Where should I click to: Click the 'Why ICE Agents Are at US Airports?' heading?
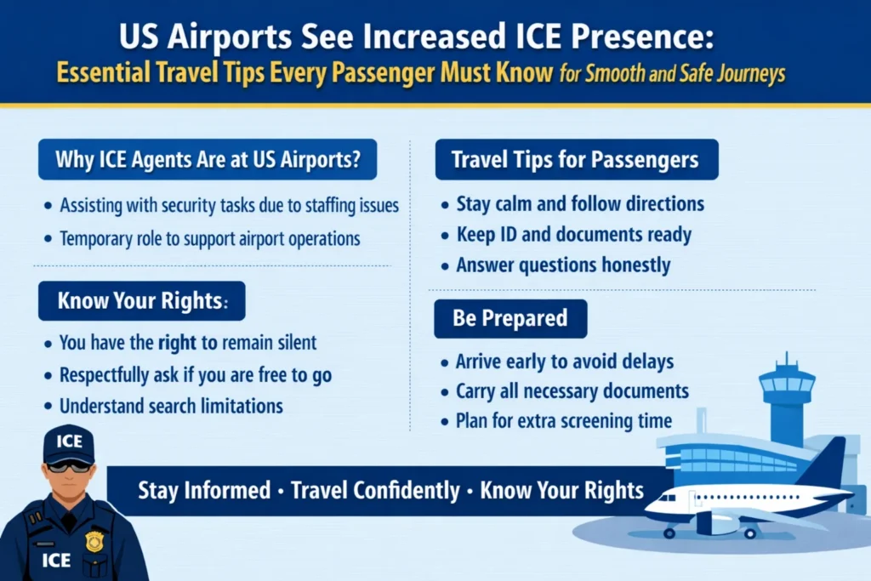207,159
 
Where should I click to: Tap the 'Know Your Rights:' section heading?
141,300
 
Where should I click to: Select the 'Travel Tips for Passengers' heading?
575,159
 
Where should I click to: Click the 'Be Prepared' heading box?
510,318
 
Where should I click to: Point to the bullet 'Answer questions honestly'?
563,265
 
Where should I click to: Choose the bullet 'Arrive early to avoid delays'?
565,362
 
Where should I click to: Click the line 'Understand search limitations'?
171,405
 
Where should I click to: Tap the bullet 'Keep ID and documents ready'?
573,235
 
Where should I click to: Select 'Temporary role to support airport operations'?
209,238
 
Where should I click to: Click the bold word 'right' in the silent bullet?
179,343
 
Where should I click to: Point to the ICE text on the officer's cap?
69,441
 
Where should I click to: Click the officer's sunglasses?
68,465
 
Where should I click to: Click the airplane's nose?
649,508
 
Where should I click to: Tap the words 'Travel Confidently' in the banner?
374,491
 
